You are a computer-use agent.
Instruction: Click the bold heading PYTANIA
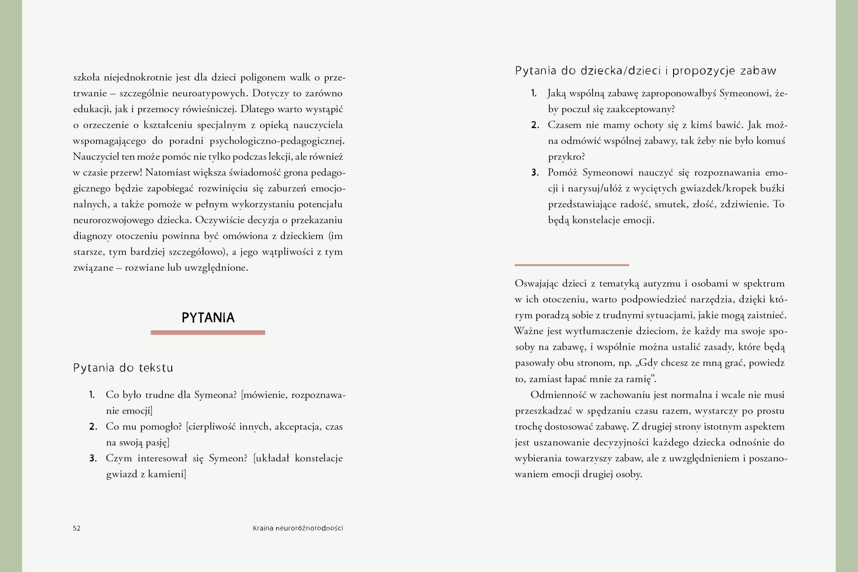pyautogui.click(x=208, y=317)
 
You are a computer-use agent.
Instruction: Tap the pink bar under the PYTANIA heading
pyautogui.click(x=208, y=332)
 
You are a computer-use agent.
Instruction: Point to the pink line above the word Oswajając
pyautogui.click(x=571, y=265)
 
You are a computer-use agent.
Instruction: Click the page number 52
pyautogui.click(x=77, y=528)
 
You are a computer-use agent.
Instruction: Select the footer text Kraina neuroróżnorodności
pyautogui.click(x=298, y=528)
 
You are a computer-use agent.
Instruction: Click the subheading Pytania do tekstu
pyautogui.click(x=123, y=368)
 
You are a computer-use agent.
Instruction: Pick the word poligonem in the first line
pyautogui.click(x=263, y=78)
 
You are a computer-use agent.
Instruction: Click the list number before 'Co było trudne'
pyautogui.click(x=92, y=395)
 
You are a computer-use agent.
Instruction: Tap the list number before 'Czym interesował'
pyautogui.click(x=92, y=458)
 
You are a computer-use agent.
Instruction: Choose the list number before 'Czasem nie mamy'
pyautogui.click(x=535, y=125)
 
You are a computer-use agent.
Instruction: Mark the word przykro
pyautogui.click(x=566, y=157)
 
